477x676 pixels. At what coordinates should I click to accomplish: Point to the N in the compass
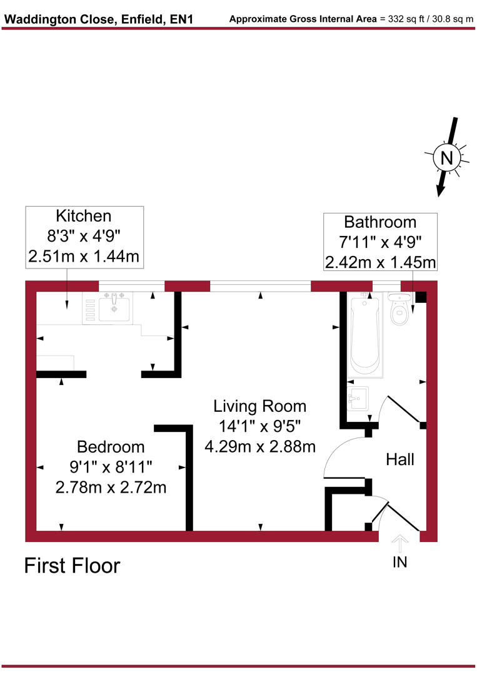point(446,158)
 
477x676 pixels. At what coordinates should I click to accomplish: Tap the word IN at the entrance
point(399,562)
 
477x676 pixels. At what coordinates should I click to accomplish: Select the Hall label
point(399,460)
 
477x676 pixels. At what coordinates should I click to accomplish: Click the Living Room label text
point(259,406)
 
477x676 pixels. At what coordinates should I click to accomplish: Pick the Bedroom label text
point(111,447)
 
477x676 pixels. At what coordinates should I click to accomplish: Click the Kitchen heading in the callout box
point(84,217)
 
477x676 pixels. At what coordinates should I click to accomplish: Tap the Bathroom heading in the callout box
point(380,222)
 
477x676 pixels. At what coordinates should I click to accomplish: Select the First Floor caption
point(72,566)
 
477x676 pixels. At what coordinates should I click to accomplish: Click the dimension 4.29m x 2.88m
point(259,446)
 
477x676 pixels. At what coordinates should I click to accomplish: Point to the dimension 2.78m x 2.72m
point(111,487)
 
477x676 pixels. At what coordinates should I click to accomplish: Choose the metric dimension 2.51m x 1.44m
point(84,255)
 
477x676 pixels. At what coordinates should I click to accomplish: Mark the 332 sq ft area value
point(398,19)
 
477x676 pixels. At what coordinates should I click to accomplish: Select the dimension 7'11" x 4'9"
point(380,242)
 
